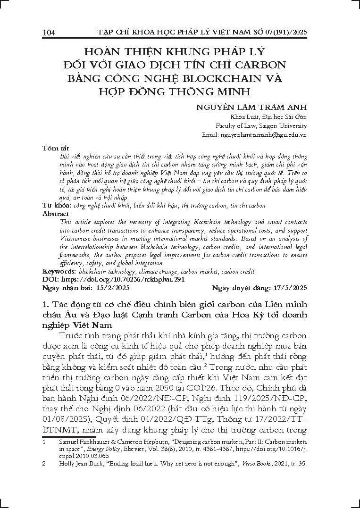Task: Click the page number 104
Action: (x=49, y=33)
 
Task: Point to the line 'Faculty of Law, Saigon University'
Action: (x=261, y=125)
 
